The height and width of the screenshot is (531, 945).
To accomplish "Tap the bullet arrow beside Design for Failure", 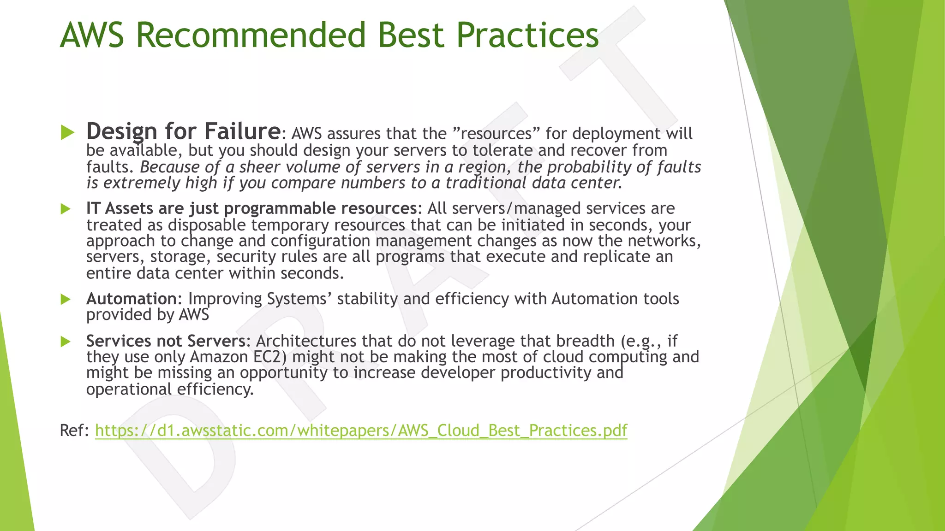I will (x=67, y=133).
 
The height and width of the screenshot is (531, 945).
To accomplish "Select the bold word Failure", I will (x=242, y=131).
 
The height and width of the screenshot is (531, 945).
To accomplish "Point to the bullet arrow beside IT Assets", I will (x=66, y=209).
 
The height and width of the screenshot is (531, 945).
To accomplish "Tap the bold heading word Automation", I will (x=132, y=299).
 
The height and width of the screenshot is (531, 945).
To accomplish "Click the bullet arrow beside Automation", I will (x=66, y=300).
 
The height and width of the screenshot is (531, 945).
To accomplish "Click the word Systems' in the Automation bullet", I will (x=299, y=299).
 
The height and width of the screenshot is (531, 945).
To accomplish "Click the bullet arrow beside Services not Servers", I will (x=66, y=342).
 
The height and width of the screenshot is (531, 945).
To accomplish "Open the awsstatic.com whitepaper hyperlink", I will (x=361, y=431).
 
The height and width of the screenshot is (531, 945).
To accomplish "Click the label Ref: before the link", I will (x=74, y=431).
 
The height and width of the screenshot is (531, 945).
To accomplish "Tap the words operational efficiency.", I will (x=170, y=389).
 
